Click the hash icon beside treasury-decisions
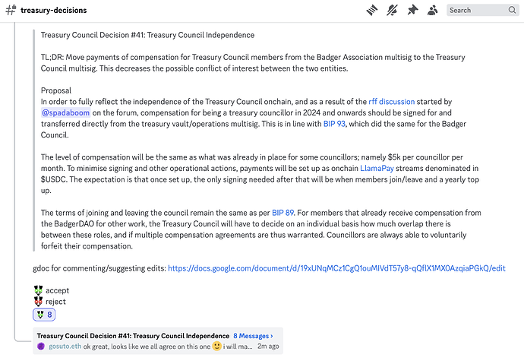pos(11,11)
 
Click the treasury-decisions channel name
pos(53,11)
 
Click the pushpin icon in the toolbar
pos(412,11)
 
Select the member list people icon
pos(433,11)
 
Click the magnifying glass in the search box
pos(513,11)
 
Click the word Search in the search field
pos(460,11)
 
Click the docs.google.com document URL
pos(336,268)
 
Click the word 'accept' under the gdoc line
pos(58,290)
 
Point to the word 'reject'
pos(55,302)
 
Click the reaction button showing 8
pos(44,315)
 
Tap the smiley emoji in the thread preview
pos(217,346)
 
